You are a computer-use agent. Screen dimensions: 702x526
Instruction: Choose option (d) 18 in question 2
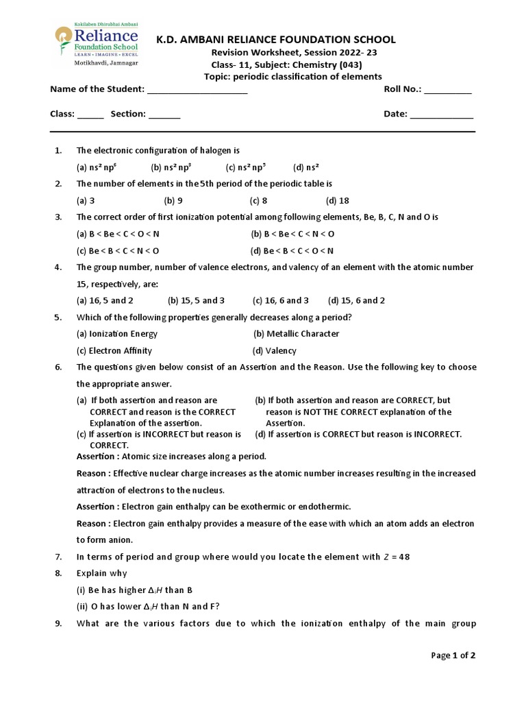coord(338,201)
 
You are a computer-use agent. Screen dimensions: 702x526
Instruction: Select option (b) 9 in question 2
coord(173,201)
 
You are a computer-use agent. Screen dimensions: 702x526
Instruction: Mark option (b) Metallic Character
coord(296,334)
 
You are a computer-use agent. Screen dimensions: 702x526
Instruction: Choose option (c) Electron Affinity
coord(113,351)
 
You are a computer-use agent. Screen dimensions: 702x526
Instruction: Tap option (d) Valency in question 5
coord(274,351)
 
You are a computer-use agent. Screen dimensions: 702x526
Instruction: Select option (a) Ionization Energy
coord(116,334)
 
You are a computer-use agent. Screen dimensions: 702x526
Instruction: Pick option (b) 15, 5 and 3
coord(196,300)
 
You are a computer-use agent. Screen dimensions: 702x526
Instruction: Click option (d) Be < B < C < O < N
coord(292,251)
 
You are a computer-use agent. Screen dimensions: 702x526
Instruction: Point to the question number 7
coord(58,557)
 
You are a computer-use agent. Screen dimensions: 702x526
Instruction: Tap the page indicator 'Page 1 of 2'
coord(453,655)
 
